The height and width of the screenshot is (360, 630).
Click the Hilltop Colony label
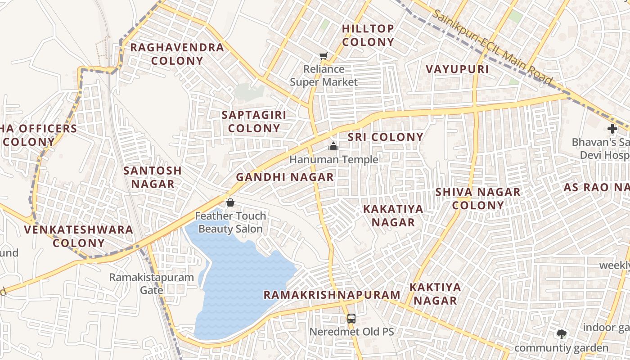coord(368,35)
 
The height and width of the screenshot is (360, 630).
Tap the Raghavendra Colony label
coord(177,54)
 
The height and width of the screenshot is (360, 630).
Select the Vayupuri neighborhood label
coord(457,69)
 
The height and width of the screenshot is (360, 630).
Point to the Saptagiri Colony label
coord(254,121)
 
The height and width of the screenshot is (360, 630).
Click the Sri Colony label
coord(386,137)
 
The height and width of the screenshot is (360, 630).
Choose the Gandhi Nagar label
coord(285,177)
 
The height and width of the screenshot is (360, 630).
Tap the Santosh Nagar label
coord(153,177)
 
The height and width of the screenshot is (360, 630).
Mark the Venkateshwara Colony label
coord(79,236)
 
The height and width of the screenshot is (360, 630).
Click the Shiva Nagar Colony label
coord(478,199)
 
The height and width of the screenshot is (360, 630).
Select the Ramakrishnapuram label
coord(332,295)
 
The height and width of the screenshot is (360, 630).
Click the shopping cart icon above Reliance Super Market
coord(323,56)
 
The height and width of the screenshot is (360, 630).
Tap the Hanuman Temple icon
coord(333,146)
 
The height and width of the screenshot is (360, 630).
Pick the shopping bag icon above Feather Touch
coord(230,202)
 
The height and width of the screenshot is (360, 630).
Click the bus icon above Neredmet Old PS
coord(351,319)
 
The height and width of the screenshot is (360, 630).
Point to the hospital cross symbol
coord(612,129)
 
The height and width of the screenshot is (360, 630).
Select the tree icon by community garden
coord(561,334)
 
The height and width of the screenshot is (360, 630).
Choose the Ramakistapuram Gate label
coord(152,283)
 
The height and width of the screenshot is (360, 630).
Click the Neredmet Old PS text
coord(351,332)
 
